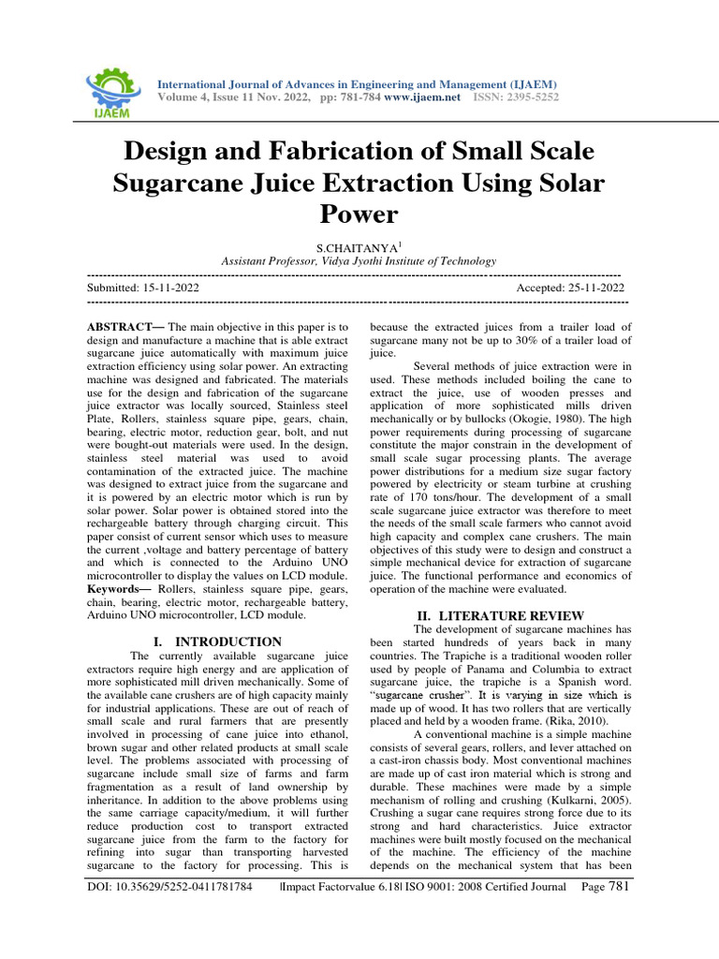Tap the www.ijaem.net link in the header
click(421, 97)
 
